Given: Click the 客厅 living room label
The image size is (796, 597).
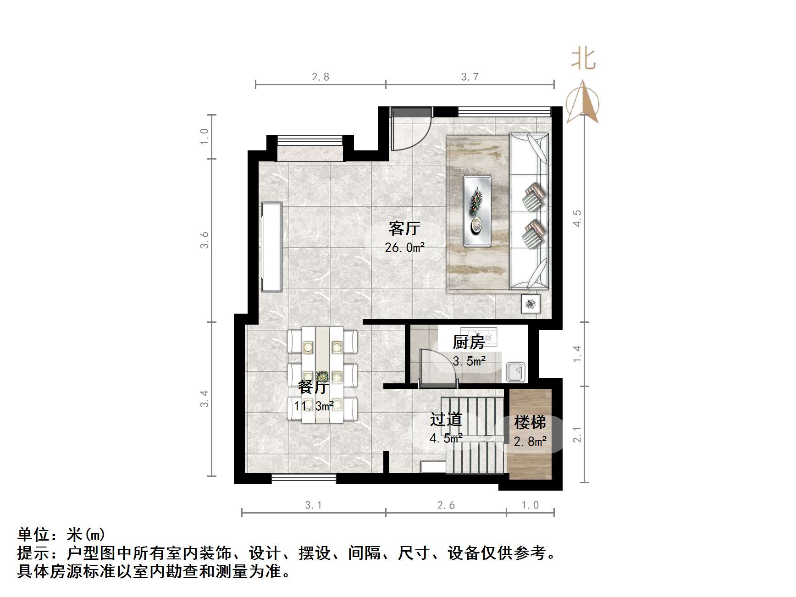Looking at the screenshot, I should click(404, 228).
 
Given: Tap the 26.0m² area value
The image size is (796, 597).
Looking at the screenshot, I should click(404, 248).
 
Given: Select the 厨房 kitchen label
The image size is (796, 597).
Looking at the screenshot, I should click(468, 342).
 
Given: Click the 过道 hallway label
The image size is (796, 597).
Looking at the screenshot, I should click(446, 419).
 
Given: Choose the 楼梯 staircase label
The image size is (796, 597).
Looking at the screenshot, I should click(530, 422).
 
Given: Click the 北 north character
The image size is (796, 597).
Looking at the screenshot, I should click(583, 60).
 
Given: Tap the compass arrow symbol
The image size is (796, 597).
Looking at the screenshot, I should click(582, 103).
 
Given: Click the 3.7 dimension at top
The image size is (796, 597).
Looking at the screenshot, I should click(470, 77).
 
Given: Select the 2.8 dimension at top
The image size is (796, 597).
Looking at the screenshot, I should click(321, 77).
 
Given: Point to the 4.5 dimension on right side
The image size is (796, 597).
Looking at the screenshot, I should click(577, 218).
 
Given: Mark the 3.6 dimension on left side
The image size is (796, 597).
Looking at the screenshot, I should click(205, 240).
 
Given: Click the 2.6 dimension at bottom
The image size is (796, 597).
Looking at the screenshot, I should click(446, 505).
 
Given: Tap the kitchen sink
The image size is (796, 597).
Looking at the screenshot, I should click(516, 371).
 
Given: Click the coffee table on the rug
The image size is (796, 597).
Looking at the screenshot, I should click(477, 211).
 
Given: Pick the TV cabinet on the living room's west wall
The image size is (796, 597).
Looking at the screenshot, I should click(271, 247).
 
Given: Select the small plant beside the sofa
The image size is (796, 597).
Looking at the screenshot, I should click(531, 304).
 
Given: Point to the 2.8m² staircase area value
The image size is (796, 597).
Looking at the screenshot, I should click(530, 442).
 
